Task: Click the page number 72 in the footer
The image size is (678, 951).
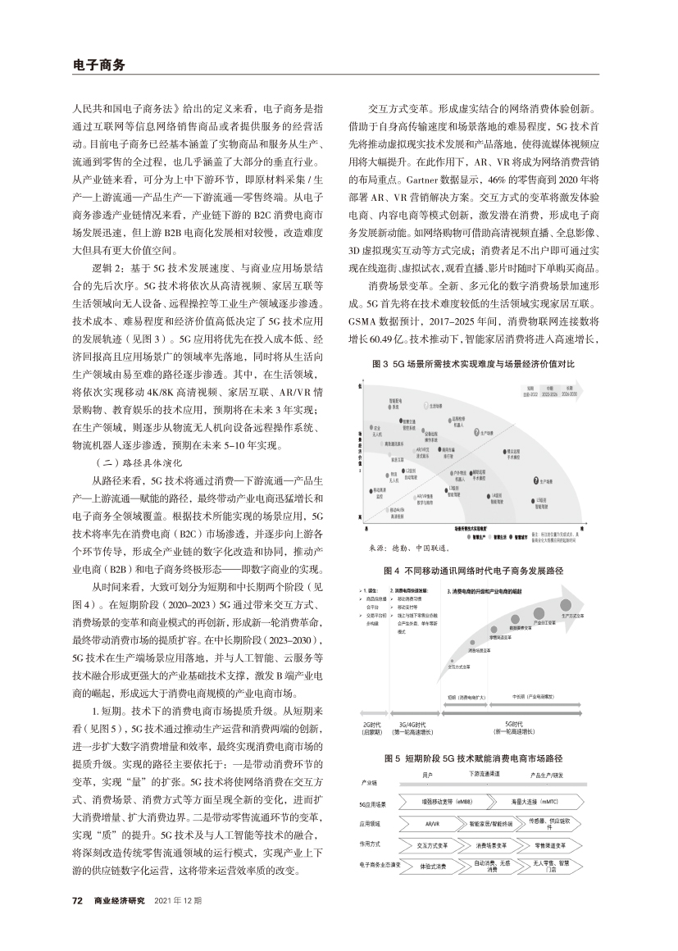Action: [78, 901]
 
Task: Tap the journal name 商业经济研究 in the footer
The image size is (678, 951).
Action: [120, 901]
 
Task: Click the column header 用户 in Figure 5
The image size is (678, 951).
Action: [427, 775]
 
